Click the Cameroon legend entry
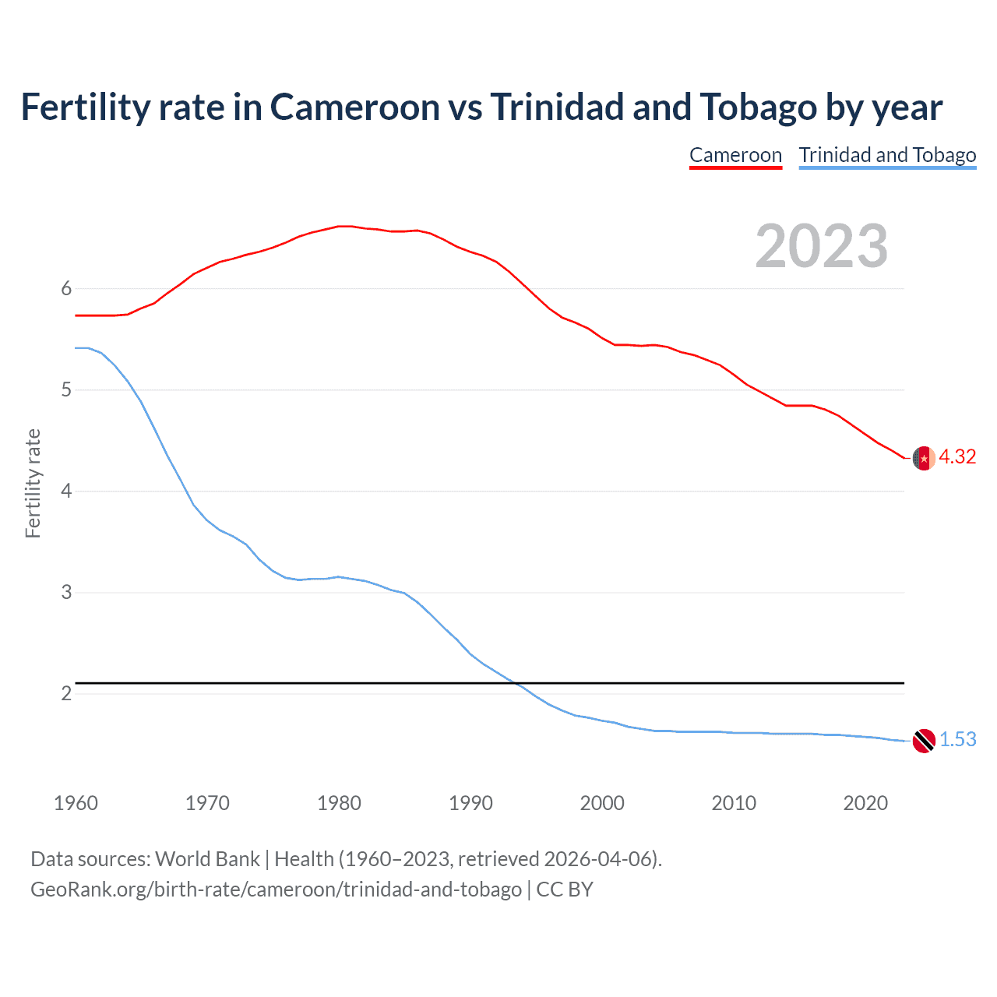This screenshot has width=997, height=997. click(x=735, y=155)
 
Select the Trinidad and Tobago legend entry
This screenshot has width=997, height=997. click(x=887, y=155)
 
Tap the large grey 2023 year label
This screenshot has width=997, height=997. click(x=821, y=246)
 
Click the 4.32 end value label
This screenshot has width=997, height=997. click(x=957, y=457)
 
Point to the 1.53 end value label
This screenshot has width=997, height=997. click(x=957, y=739)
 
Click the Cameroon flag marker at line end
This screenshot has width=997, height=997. click(x=924, y=458)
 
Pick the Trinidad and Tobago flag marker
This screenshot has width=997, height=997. click(x=924, y=741)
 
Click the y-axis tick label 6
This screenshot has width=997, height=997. click(x=66, y=289)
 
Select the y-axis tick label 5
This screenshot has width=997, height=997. click(x=66, y=390)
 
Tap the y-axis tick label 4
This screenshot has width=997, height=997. click(x=66, y=491)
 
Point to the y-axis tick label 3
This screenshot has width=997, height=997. click(x=66, y=593)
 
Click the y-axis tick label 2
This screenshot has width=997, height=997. click(x=66, y=694)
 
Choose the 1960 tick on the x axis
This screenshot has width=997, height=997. click(x=76, y=803)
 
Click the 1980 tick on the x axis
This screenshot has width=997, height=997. click(x=339, y=803)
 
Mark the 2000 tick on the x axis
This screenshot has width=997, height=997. click(x=602, y=803)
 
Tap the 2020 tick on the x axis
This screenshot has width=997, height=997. click(x=865, y=803)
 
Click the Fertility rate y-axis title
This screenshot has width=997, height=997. click(x=33, y=483)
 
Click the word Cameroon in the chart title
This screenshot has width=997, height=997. click(x=354, y=107)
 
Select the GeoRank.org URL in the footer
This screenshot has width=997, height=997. click(x=276, y=890)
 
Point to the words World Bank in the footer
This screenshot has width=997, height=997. click(x=207, y=859)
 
